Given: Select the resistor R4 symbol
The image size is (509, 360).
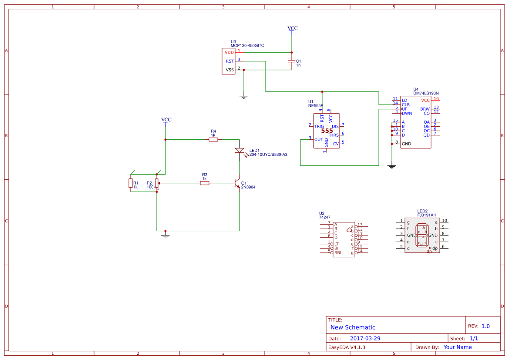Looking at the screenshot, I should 213,140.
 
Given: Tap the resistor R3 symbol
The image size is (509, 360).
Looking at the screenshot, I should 205,183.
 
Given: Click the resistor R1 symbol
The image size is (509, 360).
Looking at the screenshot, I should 131,183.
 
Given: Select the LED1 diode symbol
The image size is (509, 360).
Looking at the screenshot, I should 239,151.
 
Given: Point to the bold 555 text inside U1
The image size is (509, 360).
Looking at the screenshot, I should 327,131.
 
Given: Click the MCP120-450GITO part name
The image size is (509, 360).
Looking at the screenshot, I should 247,46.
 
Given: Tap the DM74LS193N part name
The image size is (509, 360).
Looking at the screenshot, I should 426,93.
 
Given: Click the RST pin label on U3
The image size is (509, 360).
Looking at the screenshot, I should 229,61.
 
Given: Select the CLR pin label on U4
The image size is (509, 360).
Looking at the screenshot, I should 405,104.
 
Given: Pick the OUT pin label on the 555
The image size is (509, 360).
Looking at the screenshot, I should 319,140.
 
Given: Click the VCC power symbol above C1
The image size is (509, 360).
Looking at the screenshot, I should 293,29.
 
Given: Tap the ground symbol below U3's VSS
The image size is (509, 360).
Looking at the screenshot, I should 244,97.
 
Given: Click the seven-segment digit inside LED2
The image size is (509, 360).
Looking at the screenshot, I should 422,235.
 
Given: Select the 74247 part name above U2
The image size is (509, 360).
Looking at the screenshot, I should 325,217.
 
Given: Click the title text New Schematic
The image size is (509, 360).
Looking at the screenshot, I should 353,327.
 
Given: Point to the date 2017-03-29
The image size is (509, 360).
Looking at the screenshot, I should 365,339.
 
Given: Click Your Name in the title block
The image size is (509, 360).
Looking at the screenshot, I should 457,347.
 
